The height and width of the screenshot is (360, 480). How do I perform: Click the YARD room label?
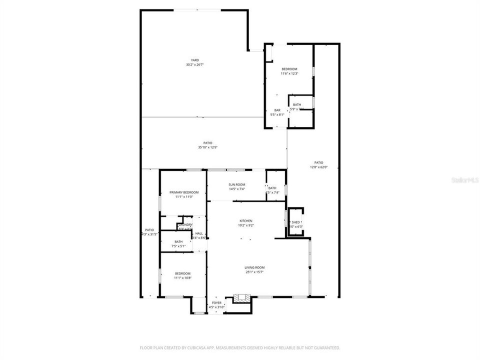pos(194,60)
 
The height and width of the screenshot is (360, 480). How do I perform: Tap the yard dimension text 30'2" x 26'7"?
pos(194,64)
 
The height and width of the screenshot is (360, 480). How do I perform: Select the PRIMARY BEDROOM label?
pos(184,192)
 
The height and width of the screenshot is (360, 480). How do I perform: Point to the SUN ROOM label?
pos(236,184)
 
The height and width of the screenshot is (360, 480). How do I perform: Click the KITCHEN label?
pos(245,220)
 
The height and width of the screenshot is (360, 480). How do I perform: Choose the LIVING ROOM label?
pos(254,267)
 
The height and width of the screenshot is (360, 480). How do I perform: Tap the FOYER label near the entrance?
pos(216,302)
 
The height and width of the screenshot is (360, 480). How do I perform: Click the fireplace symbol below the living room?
pos(242,297)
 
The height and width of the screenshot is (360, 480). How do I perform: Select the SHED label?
pos(296,222)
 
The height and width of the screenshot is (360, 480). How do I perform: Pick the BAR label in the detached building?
pos(277,110)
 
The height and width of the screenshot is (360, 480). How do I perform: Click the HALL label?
pos(199,233)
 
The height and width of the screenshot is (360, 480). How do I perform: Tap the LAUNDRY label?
pos(185,224)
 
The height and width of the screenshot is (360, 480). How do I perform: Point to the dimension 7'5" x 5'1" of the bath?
pos(178,246)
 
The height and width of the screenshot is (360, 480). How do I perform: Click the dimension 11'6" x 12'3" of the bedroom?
pos(289,73)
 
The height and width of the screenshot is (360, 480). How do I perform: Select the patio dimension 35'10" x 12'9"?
pos(207,147)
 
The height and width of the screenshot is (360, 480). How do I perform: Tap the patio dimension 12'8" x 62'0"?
pos(318,167)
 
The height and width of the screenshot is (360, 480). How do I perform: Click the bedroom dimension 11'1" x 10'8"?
pos(182,277)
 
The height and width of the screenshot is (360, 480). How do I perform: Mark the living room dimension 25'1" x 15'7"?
pos(254,272)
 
